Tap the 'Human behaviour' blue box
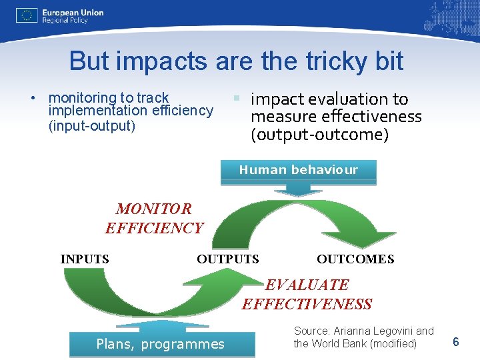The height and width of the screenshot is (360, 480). point(298,171)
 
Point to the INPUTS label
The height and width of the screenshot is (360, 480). point(85,259)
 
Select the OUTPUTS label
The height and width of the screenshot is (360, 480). point(228,259)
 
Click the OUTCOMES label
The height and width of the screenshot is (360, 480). point(355,259)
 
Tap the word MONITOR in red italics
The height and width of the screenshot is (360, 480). point(154,209)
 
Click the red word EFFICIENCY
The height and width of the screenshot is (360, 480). point(154,229)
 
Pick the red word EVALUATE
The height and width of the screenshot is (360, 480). point(307,285)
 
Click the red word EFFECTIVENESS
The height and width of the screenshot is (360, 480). point(307,305)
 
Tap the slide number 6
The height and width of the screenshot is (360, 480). point(456,342)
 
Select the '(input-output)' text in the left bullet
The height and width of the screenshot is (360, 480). point(92,126)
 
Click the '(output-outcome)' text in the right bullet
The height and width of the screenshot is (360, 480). point(319,135)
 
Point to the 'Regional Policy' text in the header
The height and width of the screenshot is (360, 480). point(65,21)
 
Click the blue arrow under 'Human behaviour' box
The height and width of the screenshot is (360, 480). point(298,190)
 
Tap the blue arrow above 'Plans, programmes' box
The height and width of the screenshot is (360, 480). point(154,326)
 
